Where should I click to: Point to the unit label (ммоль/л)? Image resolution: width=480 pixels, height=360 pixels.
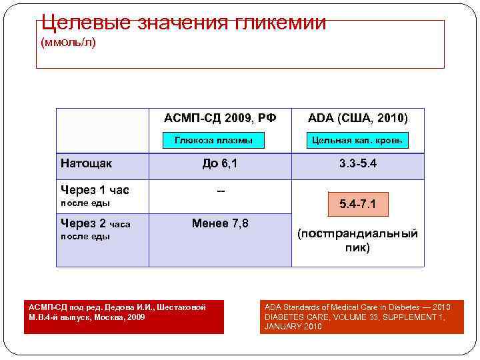click(x=68, y=43)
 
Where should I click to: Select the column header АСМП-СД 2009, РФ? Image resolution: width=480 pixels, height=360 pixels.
click(x=220, y=118)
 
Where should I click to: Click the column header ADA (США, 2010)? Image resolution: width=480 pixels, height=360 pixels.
click(x=357, y=118)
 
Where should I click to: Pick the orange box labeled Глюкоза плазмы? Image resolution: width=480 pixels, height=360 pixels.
click(x=213, y=141)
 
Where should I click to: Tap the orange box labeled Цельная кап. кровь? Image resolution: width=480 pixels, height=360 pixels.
click(x=357, y=141)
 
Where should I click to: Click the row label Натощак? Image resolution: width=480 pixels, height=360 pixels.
click(x=87, y=163)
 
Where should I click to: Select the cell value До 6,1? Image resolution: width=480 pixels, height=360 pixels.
click(x=220, y=163)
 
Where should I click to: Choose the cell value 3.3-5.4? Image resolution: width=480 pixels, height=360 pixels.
click(x=357, y=163)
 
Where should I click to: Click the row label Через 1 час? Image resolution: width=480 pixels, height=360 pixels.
click(x=95, y=190)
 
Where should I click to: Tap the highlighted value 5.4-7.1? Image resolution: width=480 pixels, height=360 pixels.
click(x=357, y=204)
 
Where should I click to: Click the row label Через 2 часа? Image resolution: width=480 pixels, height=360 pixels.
click(x=95, y=224)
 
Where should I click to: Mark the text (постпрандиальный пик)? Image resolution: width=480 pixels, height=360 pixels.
click(x=357, y=241)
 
